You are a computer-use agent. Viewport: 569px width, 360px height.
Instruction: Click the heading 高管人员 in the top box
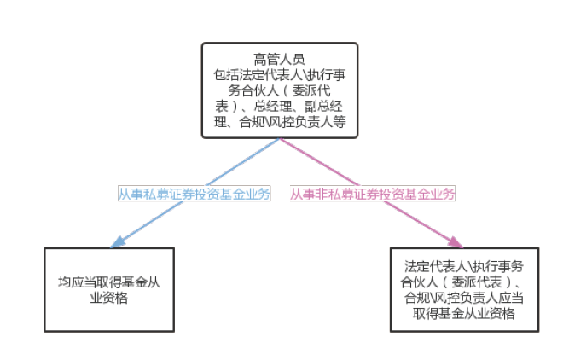point(279,58)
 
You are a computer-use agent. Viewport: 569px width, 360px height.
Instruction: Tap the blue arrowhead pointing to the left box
point(119,239)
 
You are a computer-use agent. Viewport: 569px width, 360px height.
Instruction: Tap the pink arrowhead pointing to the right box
point(456,239)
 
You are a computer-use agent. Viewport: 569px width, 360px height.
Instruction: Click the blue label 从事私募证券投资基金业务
point(194,194)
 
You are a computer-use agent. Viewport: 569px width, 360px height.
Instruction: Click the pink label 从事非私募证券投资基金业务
point(372,194)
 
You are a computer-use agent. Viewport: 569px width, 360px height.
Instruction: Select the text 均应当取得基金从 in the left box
point(109,282)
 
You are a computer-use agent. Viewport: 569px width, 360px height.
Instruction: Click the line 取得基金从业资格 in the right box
point(462,313)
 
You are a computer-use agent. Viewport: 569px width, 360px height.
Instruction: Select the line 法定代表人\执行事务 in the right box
point(462,265)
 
